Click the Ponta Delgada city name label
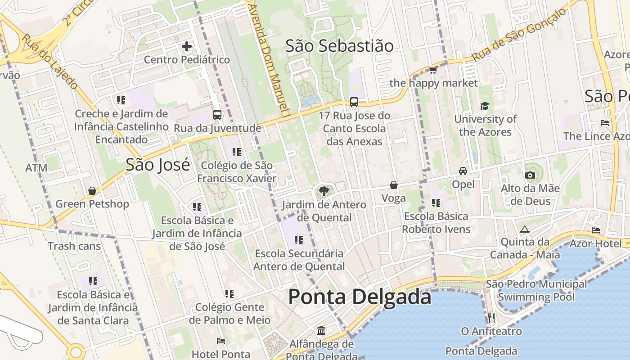[360, 297]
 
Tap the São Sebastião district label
[339, 46]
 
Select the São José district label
[157, 165]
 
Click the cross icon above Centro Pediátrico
[187, 46]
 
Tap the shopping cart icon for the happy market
[433, 70]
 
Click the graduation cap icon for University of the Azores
[485, 106]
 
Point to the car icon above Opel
[463, 171]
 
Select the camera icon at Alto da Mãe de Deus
[530, 175]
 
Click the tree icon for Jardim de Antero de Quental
[324, 192]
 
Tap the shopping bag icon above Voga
[393, 185]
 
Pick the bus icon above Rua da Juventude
[217, 115]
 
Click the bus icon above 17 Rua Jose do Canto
[354, 102]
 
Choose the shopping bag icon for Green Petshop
[92, 191]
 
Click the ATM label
[36, 168]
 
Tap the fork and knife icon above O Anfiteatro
[491, 318]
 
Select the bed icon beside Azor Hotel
[596, 230]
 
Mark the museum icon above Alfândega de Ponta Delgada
[321, 331]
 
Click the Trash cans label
[74, 246]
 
